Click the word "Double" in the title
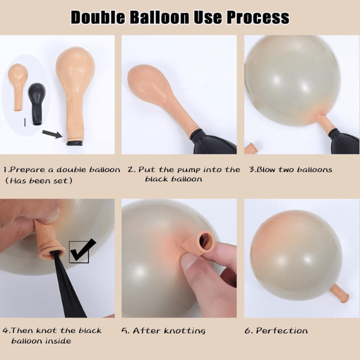pos(98,17)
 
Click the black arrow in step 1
pos(52,134)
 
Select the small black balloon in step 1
pos(37,104)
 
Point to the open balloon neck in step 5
pos(205,241)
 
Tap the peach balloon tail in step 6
pos(340,293)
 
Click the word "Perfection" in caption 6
pos(282,331)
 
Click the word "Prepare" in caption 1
pos(28,170)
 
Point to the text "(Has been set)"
pos(39,181)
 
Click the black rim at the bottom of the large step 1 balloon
pos(75,143)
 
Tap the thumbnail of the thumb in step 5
pos(189,260)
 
